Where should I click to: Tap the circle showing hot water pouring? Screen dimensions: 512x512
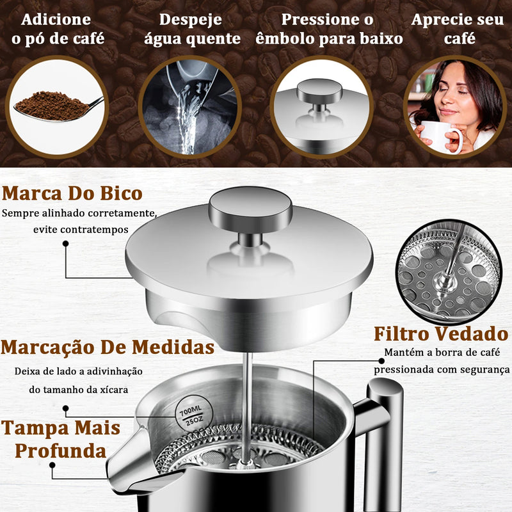pyautogui.click(x=189, y=107)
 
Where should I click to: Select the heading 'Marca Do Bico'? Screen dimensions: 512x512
pyautogui.click(x=72, y=193)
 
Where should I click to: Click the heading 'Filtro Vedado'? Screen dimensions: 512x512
pyautogui.click(x=441, y=333)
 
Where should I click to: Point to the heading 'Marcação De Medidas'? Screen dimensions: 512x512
pyautogui.click(x=108, y=347)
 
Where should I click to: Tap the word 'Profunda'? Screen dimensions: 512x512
pyautogui.click(x=61, y=451)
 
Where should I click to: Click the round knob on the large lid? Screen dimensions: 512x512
pyautogui.click(x=250, y=209)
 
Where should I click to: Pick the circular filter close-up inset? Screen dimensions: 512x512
pyautogui.click(x=449, y=272)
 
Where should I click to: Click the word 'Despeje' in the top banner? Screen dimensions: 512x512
pyautogui.click(x=191, y=20)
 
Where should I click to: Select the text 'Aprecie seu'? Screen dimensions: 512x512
pyautogui.click(x=458, y=20)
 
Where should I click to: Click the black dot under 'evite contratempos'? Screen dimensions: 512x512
pyautogui.click(x=66, y=243)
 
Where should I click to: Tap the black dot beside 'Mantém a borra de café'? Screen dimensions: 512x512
pyautogui.click(x=381, y=361)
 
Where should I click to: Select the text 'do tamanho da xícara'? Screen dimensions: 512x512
pyautogui.click(x=78, y=390)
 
